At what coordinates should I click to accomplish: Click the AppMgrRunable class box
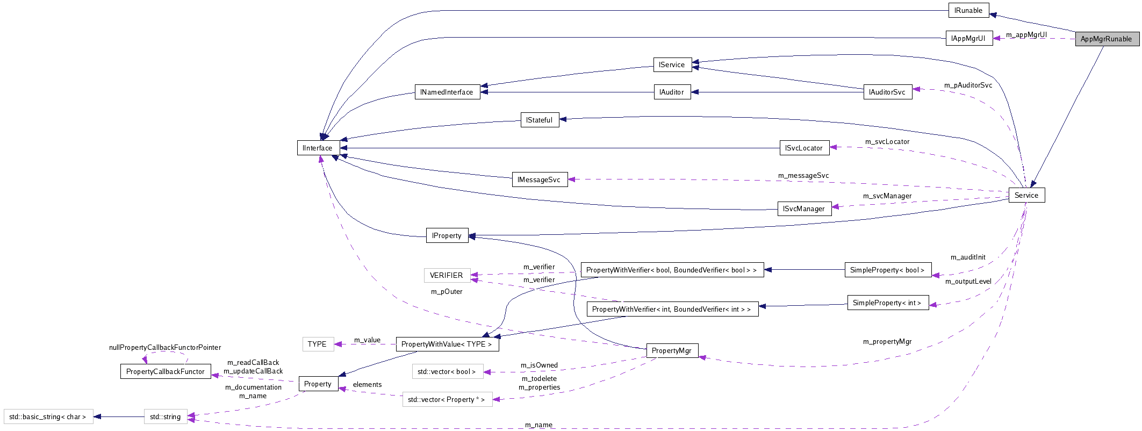1106,39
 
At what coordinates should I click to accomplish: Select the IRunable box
968,10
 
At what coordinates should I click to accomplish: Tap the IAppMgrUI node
968,38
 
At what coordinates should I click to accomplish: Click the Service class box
1026,195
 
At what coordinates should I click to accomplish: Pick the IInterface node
318,148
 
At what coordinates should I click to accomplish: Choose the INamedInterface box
447,92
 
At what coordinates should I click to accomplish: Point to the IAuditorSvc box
887,92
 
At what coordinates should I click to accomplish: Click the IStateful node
540,120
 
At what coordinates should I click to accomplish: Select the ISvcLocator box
804,148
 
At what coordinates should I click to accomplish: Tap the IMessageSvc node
539,179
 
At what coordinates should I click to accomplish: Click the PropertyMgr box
672,350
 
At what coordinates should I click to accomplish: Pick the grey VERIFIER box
447,275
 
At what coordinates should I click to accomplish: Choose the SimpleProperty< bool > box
887,270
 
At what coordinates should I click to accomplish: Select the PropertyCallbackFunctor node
166,371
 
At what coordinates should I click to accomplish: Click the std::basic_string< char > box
48,416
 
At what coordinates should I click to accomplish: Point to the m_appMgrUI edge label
1026,35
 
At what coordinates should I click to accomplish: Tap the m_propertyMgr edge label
887,341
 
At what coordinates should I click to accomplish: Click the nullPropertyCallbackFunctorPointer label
165,348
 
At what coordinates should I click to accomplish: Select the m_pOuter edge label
447,292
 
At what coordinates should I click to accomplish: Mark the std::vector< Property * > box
447,399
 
